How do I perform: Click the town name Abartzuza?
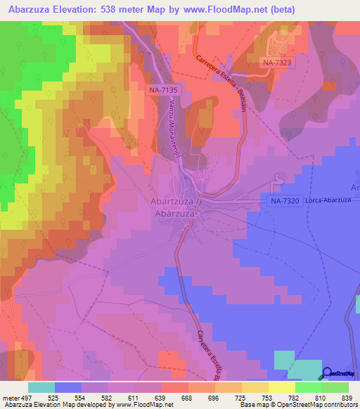pos(174,201)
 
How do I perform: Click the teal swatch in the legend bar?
pos(41,387)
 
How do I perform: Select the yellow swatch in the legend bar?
pos(281,387)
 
